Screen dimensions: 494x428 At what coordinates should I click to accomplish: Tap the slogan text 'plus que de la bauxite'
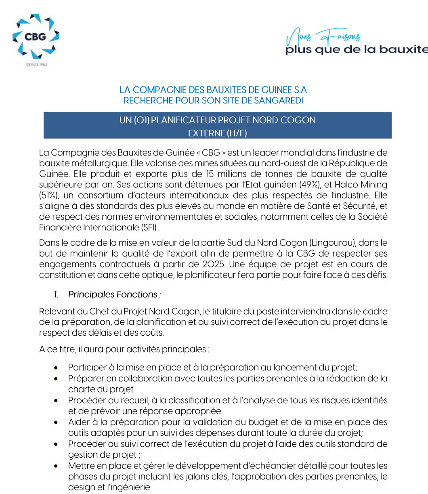[x=356, y=50]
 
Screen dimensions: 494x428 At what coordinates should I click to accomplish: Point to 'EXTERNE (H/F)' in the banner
[x=217, y=133]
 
